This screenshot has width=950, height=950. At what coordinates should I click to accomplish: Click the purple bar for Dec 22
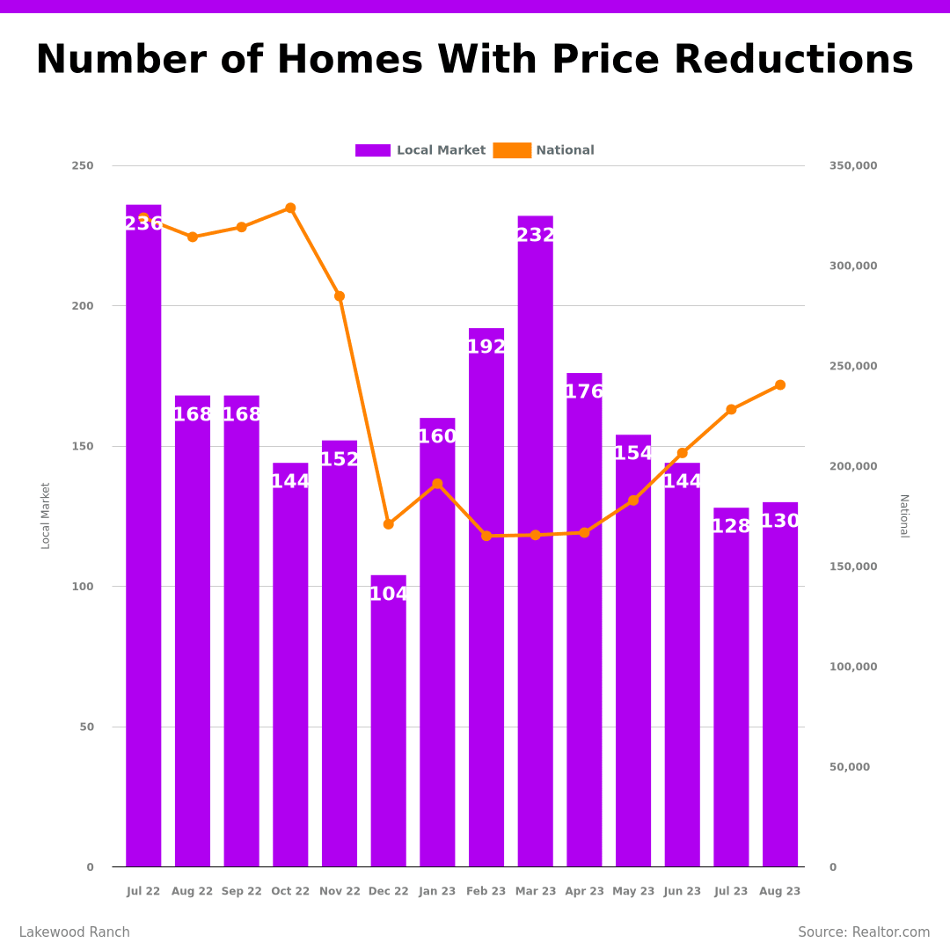[x=388, y=721]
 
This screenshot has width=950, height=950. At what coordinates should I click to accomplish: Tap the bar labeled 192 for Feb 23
[x=486, y=598]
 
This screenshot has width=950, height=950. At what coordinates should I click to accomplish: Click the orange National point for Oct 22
[x=290, y=208]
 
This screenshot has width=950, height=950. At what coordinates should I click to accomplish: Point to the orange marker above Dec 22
[x=388, y=524]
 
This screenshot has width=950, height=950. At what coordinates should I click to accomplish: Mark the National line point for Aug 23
[x=780, y=385]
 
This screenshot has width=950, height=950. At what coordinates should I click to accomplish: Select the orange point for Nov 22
[x=340, y=296]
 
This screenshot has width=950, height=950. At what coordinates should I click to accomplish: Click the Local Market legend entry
[x=420, y=150]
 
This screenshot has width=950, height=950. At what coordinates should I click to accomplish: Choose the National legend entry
[x=544, y=150]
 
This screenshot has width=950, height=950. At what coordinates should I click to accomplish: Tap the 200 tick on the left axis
[x=83, y=306]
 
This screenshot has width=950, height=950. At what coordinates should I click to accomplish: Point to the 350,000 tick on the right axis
[x=852, y=166]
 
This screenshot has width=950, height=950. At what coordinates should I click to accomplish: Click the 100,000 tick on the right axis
[x=852, y=667]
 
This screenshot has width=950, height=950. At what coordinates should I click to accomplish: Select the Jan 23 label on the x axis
[x=437, y=892]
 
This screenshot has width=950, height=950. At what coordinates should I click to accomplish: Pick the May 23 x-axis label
[x=633, y=892]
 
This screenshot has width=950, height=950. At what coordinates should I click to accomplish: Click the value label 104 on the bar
[x=388, y=595]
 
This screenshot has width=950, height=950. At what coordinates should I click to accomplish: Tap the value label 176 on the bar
[x=584, y=392]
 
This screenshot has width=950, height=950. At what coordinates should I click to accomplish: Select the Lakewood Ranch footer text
[x=74, y=932]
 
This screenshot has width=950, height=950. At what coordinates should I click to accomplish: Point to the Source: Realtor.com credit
[x=864, y=932]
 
